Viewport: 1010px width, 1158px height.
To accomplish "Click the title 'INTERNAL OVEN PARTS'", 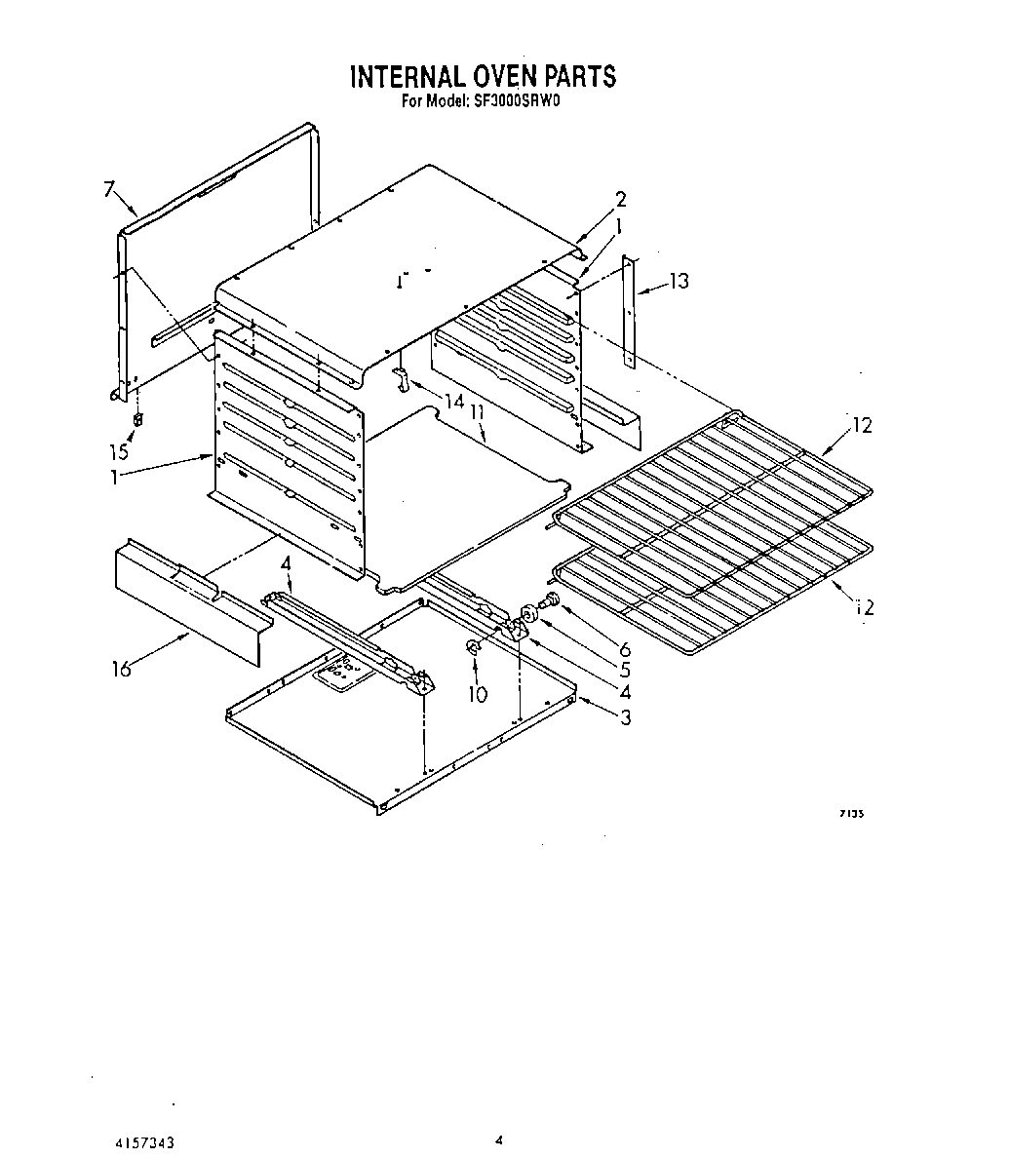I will [483, 76].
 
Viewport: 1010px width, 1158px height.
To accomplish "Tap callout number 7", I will [110, 190].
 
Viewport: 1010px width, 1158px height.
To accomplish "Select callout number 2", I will [620, 200].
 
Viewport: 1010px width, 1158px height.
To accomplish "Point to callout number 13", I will [679, 282].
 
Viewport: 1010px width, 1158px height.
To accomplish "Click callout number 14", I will [453, 400].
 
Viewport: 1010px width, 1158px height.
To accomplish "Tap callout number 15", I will [119, 453].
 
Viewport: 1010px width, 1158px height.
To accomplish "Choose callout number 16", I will [121, 671].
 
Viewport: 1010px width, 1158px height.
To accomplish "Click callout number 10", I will [478, 694].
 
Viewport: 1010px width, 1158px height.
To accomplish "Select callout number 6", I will [625, 649].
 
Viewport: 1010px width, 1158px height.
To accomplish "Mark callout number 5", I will [624, 671].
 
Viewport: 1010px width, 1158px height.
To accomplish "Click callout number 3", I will [625, 718].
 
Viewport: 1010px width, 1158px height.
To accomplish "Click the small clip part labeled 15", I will [137, 420].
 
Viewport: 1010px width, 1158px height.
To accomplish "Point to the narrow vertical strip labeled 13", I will [632, 312].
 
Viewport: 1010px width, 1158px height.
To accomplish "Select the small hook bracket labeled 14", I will [400, 378].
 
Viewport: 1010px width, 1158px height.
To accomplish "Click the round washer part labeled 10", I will [473, 647].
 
